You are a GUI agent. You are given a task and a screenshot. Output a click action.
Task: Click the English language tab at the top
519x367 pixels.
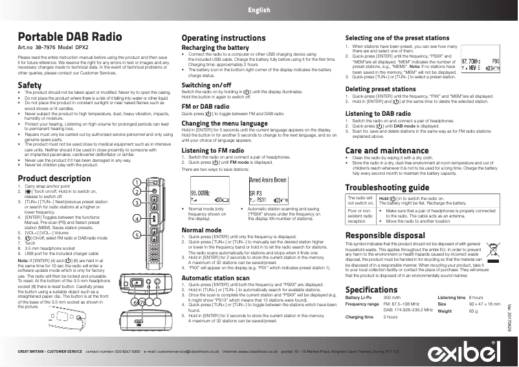click(258, 11)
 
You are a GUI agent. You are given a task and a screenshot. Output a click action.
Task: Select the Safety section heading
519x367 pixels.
click(30, 85)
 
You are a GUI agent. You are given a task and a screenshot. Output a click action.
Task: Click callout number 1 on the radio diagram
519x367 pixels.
click(137, 181)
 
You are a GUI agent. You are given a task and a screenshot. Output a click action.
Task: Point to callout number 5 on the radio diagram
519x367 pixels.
click(137, 235)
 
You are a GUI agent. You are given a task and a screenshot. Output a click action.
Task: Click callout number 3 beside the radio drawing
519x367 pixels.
click(137, 203)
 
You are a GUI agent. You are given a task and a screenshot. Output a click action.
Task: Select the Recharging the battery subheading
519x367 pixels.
click(215, 49)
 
